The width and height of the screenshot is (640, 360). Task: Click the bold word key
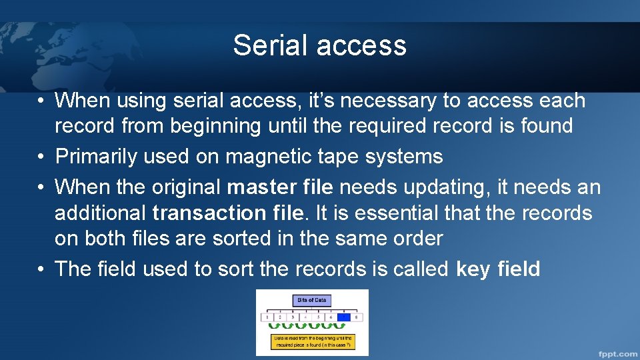(x=473, y=269)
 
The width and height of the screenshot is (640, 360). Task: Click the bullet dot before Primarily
(x=41, y=157)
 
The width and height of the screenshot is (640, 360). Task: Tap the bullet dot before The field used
(x=41, y=269)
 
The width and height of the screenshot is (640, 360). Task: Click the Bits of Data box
(x=312, y=300)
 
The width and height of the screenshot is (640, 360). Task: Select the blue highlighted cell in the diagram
(x=344, y=317)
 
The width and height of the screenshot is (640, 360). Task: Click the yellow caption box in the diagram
(x=312, y=341)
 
